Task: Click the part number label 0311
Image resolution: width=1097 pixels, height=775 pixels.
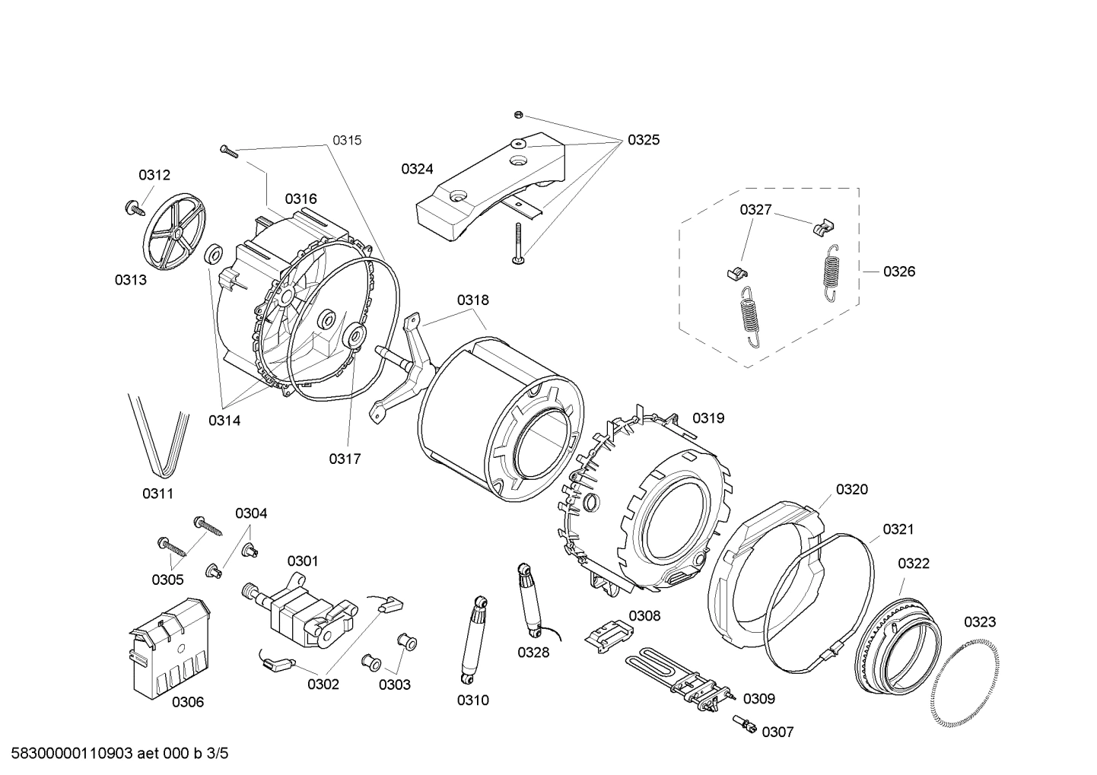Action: (x=157, y=494)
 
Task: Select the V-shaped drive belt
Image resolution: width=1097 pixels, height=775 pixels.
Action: (x=158, y=436)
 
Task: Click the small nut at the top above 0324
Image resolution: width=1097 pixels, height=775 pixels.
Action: (x=517, y=115)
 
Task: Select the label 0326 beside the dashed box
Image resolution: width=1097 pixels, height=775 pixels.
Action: (x=898, y=272)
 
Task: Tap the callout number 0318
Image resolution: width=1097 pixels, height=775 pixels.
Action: (x=472, y=300)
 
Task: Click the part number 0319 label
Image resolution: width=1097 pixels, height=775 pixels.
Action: (x=707, y=418)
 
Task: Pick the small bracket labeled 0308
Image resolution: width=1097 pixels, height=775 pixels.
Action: (x=609, y=633)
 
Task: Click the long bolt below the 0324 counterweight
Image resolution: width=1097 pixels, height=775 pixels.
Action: (x=517, y=243)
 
